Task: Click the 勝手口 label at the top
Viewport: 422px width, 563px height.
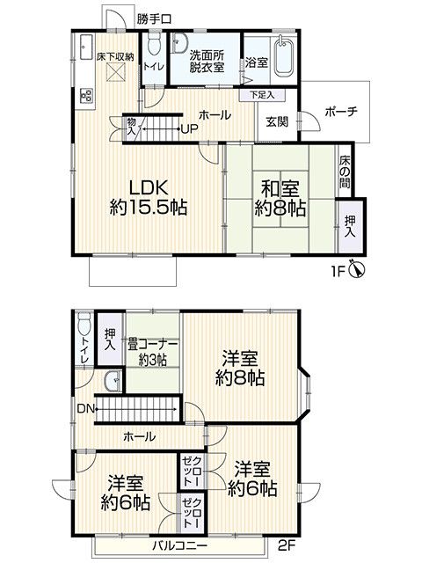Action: [x=154, y=18]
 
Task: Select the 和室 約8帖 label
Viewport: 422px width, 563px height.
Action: [x=280, y=198]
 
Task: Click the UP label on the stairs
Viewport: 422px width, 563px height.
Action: [x=187, y=130]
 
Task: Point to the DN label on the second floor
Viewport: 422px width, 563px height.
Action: [x=83, y=409]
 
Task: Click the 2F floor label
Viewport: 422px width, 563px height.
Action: [x=287, y=545]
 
